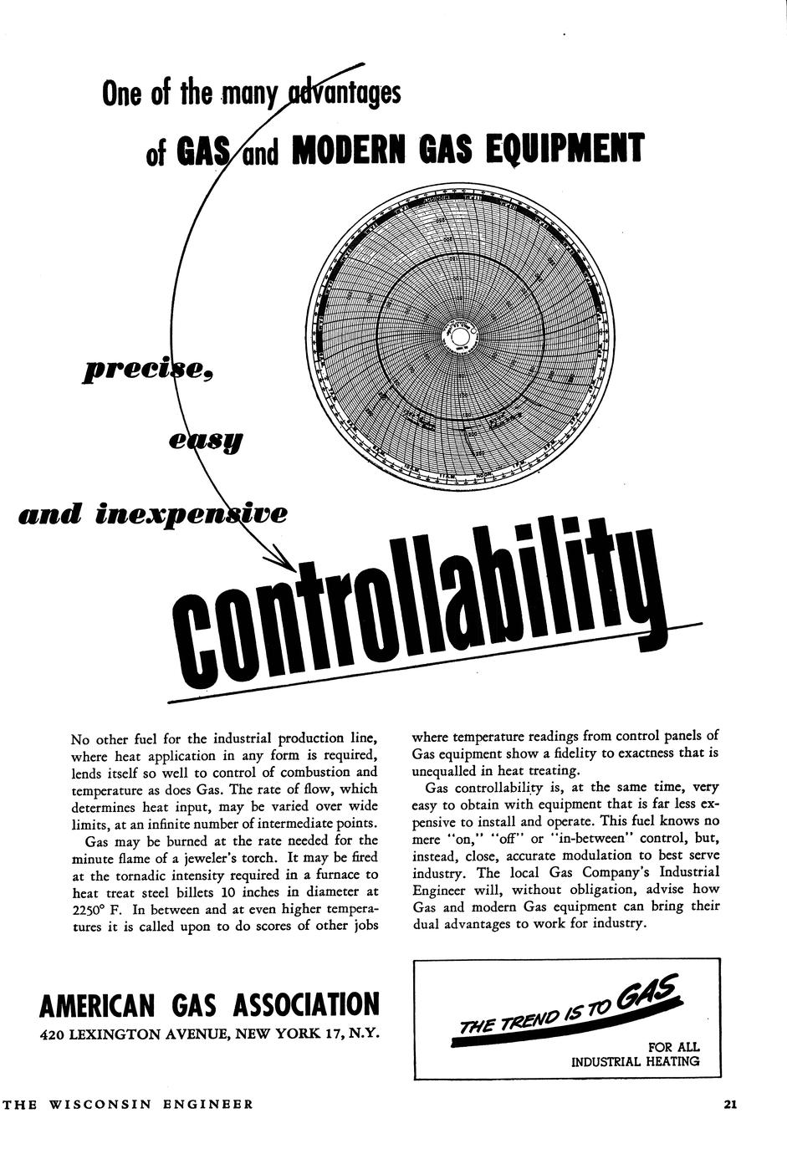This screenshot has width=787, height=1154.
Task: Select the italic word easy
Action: point(205,440)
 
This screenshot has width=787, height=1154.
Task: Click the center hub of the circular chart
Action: point(459,338)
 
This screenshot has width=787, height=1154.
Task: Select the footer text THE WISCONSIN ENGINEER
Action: point(127,1104)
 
